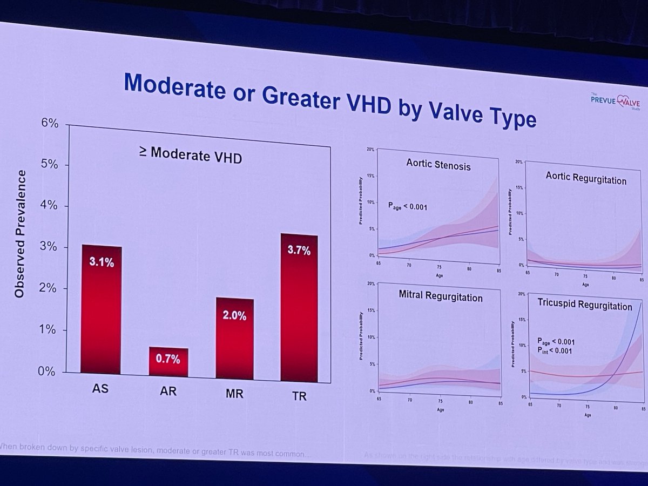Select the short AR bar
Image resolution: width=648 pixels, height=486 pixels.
pyautogui.click(x=168, y=362)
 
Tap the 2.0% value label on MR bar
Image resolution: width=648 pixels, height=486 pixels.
pyautogui.click(x=235, y=316)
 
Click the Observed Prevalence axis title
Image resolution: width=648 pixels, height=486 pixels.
pyautogui.click(x=20, y=233)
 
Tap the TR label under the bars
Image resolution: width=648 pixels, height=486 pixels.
pyautogui.click(x=299, y=396)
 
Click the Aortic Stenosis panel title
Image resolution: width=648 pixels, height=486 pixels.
pyautogui.click(x=438, y=164)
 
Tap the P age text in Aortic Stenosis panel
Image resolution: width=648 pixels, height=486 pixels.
pyautogui.click(x=407, y=206)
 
